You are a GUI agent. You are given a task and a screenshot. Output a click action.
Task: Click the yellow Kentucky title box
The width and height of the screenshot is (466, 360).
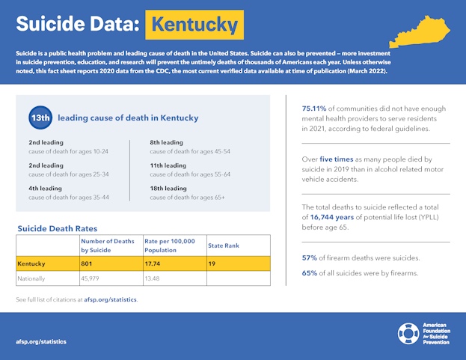click(x=194, y=24)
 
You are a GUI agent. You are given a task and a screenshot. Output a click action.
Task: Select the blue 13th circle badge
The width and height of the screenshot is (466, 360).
click(x=40, y=118)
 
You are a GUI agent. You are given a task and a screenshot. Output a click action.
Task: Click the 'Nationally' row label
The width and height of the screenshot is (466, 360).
click(x=32, y=278)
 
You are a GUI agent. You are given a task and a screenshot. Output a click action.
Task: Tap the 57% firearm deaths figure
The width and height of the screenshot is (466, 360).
click(x=309, y=258)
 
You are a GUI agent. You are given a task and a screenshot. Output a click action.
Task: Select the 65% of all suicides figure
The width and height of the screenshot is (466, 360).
click(x=309, y=272)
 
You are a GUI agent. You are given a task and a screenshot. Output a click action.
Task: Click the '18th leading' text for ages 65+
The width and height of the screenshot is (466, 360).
click(x=168, y=189)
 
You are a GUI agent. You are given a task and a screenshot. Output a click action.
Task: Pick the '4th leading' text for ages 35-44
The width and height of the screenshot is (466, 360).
click(x=46, y=189)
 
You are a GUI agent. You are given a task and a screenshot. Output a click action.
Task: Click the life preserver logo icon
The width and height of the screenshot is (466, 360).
click(x=408, y=333)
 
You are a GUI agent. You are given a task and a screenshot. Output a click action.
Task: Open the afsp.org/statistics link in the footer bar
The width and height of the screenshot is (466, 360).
click(x=40, y=341)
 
